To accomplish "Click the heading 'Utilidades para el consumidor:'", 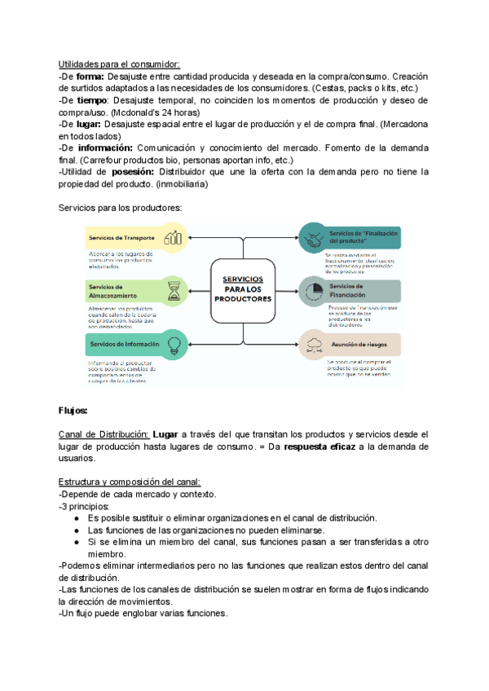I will pos(120,64).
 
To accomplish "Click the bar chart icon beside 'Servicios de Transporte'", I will pos(173,238).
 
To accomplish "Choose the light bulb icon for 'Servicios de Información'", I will pos(173,345).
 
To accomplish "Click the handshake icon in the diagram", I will pos(311,238).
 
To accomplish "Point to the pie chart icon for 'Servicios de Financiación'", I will pos(311,291).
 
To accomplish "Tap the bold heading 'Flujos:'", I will pos(73,411).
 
